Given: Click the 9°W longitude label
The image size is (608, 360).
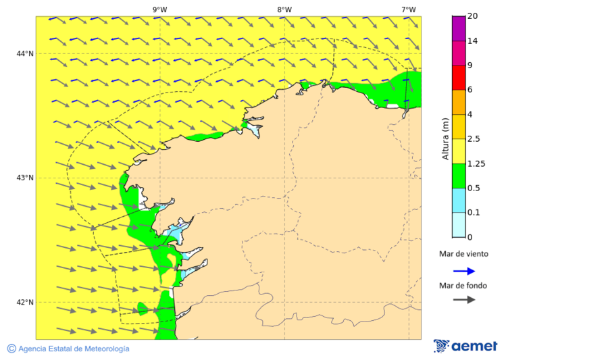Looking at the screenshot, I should coord(159,9).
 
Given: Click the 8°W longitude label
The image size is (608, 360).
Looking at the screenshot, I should coord(284,9).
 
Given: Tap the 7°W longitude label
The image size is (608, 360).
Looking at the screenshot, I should coord(408,9).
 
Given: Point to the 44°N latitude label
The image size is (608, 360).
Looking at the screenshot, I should coord(25,53).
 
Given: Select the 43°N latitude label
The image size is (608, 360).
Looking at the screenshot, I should coord(25,178).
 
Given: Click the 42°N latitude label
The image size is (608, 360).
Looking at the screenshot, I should coord(25,302).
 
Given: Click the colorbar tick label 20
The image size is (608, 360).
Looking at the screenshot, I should coord(472,16).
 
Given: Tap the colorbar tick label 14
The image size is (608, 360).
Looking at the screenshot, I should coord(472,41).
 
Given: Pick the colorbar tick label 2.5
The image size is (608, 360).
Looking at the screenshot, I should coord(474,139).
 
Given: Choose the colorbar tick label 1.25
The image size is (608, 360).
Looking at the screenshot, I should coord(476,163).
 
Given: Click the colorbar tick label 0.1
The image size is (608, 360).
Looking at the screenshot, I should coord(474,213).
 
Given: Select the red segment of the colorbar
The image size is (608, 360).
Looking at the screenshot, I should coord(459,78).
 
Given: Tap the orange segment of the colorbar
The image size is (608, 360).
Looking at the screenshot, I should coord(459,102).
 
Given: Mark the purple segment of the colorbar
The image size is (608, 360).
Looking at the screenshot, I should coord(459,28).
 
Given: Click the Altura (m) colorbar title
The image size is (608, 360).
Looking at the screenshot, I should coord(445,138).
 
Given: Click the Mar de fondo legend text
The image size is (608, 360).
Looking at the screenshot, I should coord(463,286).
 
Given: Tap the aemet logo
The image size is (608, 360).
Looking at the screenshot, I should coord(465,346).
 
